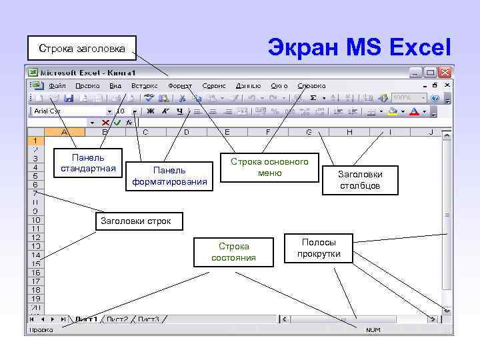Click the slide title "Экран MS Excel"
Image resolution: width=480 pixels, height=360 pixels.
(x=359, y=47)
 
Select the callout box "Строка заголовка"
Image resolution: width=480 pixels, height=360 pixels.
(x=81, y=48)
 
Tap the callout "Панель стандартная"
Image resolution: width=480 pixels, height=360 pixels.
(x=88, y=163)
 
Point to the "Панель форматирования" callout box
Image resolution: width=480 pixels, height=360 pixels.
(x=169, y=176)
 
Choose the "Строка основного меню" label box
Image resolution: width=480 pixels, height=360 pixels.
(x=269, y=168)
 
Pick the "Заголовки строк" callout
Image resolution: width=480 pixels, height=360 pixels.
(x=136, y=221)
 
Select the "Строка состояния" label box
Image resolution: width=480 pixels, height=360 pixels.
(x=233, y=252)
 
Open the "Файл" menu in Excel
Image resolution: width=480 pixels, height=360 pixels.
(x=57, y=86)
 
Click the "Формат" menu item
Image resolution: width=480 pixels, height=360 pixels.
(x=180, y=86)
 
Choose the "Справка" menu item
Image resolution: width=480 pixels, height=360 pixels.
(x=311, y=86)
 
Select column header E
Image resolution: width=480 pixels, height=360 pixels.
(x=227, y=133)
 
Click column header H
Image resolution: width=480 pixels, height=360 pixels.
(x=349, y=133)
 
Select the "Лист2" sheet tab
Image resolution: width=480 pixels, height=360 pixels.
(x=117, y=319)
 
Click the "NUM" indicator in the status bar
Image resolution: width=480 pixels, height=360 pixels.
(x=373, y=330)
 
